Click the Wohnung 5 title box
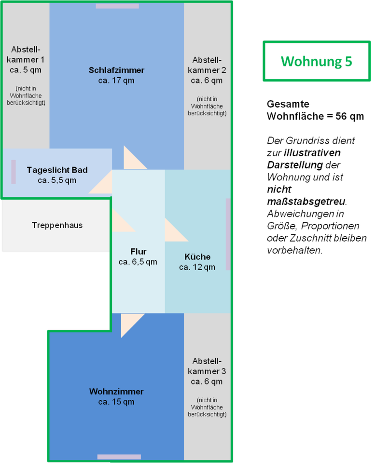coord(316,61)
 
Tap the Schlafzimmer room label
coord(116,70)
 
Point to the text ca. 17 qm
coord(116,81)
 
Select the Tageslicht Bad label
coord(57,170)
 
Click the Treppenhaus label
coord(57,225)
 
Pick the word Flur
coord(138,251)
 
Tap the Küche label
coord(197,257)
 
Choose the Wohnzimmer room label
coord(116,392)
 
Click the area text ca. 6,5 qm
coord(138,262)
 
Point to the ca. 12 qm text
coord(197,267)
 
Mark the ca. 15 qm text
coord(116,402)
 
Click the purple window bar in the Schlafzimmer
coord(117,6)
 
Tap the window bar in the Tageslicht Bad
coord(14,172)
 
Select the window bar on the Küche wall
coord(228,234)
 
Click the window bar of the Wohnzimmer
coord(119,457)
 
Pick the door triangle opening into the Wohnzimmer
coord(129,323)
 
